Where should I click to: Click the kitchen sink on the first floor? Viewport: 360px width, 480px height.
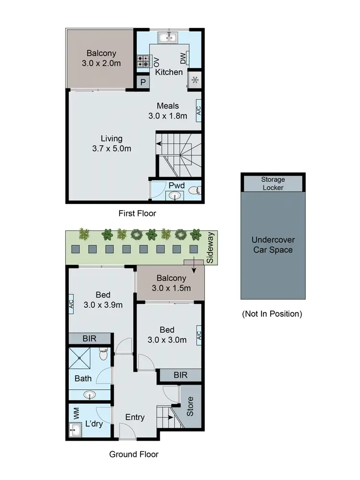(169, 37)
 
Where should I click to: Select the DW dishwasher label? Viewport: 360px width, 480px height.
(183, 59)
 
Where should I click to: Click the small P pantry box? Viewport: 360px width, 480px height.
(143, 82)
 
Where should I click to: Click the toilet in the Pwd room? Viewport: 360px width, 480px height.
(194, 192)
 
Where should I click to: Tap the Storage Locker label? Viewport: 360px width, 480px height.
(273, 183)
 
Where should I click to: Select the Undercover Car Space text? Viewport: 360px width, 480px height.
(273, 245)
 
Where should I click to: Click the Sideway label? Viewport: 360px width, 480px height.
(210, 253)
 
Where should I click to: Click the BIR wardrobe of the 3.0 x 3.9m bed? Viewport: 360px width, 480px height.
(90, 338)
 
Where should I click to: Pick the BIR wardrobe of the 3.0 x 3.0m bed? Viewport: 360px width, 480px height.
(180, 375)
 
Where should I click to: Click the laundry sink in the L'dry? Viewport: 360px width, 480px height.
(75, 429)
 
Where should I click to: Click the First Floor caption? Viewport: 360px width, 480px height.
(137, 213)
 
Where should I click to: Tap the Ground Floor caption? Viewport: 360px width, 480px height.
(133, 454)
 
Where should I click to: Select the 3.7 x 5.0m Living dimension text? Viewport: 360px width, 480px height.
(111, 149)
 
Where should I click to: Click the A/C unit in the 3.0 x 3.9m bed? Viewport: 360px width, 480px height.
(71, 303)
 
